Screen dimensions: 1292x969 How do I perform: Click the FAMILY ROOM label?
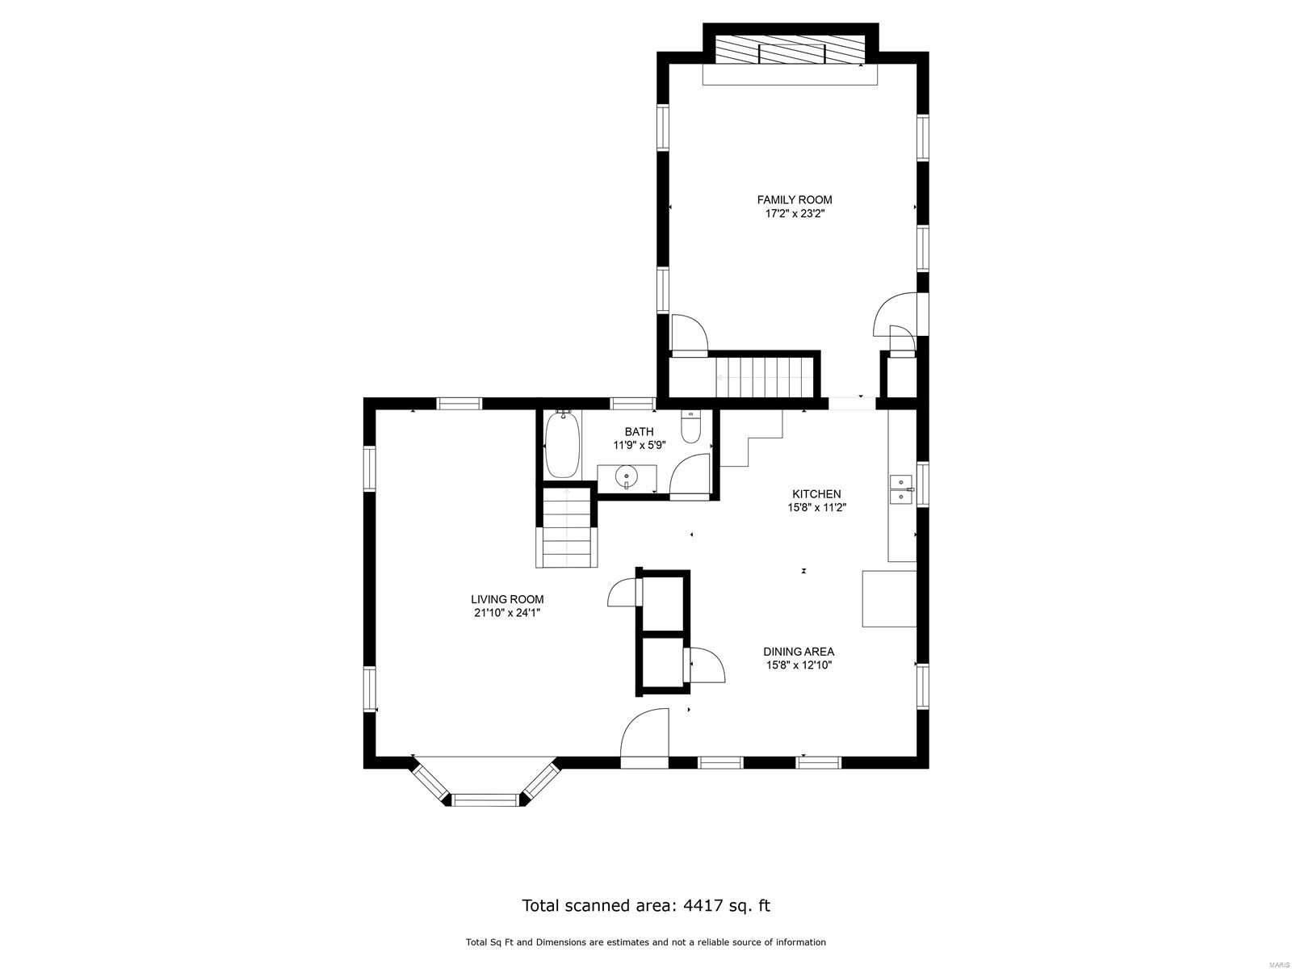(794, 199)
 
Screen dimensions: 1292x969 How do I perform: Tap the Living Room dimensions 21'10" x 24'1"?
(507, 613)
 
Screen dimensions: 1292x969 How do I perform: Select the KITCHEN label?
(816, 494)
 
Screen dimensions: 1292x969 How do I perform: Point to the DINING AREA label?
(798, 652)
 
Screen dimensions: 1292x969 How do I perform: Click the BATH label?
(639, 432)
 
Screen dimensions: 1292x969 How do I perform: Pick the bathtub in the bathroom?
(564, 445)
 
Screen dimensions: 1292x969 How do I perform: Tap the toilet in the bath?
(690, 427)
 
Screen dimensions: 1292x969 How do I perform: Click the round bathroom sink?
(627, 476)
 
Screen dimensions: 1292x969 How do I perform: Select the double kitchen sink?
(900, 489)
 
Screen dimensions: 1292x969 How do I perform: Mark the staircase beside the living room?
(566, 527)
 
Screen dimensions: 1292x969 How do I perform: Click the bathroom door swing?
(690, 477)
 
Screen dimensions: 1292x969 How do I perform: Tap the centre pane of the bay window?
(486, 799)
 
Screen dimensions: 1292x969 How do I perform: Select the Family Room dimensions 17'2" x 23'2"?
(794, 213)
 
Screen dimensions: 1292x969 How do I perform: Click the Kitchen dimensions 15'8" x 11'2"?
(816, 508)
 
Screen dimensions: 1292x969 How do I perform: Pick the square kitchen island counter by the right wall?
(889, 598)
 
